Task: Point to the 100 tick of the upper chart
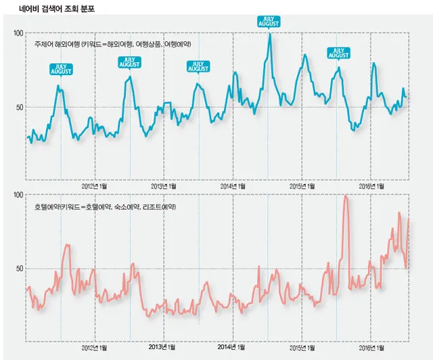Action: point(18,32)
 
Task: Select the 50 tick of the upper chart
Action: point(20,107)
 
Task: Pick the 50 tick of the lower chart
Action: point(20,268)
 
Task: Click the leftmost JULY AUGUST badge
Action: point(62,69)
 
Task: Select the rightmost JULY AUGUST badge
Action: point(338,52)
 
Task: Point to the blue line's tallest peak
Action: point(269,35)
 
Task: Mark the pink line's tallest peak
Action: point(346,196)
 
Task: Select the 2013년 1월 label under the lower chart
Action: point(164,348)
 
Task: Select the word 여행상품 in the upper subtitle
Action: point(150,44)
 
